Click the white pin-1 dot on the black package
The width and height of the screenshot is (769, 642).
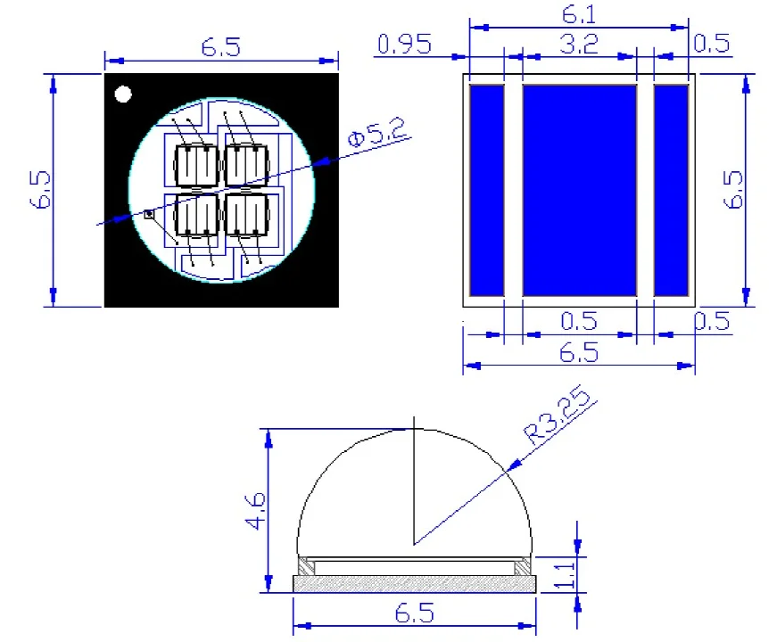[x=123, y=94]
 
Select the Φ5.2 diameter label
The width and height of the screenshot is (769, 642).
[x=378, y=135]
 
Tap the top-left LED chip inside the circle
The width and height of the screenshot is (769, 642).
[x=194, y=163]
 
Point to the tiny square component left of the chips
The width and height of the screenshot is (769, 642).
[x=149, y=214]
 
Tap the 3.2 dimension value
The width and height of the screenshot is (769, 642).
[x=578, y=44]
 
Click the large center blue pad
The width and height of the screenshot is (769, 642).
[x=579, y=190]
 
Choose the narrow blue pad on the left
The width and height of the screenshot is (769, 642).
[x=486, y=190]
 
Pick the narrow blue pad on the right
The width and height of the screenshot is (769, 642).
[x=672, y=190]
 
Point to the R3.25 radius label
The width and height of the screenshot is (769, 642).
[x=560, y=419]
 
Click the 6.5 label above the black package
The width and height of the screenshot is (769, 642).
[x=220, y=47]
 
